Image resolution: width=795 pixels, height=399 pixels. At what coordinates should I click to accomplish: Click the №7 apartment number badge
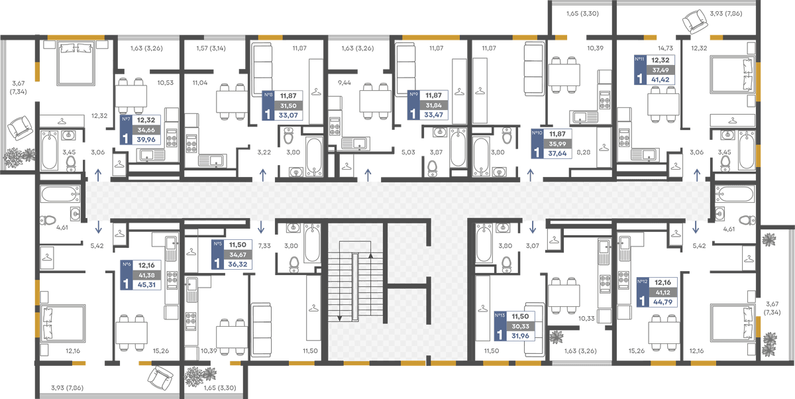point(126,119)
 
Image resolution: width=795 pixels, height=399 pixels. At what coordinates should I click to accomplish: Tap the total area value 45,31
point(146,285)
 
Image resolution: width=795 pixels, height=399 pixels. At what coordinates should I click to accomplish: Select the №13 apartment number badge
point(500,315)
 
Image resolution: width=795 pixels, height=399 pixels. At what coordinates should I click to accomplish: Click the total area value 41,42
point(660,80)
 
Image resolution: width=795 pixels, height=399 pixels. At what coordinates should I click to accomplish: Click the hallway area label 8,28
point(584,152)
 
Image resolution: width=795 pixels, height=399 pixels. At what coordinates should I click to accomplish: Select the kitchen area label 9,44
point(344,83)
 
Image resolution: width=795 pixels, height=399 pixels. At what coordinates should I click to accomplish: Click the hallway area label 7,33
point(264,246)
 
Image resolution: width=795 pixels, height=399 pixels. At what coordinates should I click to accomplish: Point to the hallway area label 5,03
point(408,152)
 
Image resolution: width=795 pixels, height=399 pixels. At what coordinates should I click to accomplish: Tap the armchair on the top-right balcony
point(695,21)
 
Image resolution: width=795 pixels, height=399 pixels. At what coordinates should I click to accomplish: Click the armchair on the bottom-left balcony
point(160,378)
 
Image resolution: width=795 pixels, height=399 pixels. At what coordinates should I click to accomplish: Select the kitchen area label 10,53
point(166,83)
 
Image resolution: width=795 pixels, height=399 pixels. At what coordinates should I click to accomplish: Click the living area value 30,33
point(520,326)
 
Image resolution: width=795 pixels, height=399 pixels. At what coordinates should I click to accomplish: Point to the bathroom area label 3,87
point(436,152)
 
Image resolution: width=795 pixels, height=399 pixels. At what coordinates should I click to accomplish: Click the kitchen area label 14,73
point(665,48)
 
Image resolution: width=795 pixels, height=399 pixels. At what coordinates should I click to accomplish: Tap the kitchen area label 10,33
point(586,319)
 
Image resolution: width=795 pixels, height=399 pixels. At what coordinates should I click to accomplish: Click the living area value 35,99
point(557,144)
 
